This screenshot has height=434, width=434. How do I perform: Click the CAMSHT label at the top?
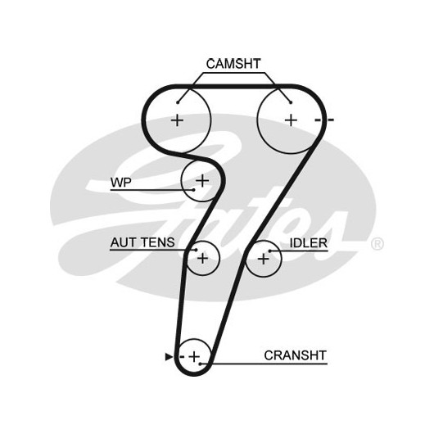pos(233,64)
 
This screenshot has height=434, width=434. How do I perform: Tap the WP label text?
pos(121,182)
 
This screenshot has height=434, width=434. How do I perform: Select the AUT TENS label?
pos(142,242)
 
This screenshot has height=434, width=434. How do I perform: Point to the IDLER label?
pos(309,243)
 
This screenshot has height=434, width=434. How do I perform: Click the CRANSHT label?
pos(296,355)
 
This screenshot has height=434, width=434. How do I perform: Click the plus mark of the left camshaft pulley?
pos(177,120)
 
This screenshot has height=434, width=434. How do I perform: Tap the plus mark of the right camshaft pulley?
pos(291,120)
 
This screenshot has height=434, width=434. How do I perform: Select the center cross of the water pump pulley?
pos(202,181)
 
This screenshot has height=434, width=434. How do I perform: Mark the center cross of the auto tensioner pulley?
pos(203,258)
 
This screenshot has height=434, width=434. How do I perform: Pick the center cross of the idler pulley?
pos(263,259)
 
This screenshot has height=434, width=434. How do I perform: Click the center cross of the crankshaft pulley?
pos(194,356)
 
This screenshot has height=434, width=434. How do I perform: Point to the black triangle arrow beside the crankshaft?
pos(169,357)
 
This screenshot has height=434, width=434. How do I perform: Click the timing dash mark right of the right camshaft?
pos(324,120)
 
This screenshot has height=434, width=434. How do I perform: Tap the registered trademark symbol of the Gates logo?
pos(377,244)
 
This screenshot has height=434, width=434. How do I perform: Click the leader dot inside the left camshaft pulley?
pos(178,102)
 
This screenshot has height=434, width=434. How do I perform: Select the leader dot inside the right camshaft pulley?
pos(291,102)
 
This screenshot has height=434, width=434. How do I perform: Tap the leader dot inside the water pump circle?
pos(194,190)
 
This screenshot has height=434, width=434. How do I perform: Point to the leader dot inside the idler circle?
pos(270,251)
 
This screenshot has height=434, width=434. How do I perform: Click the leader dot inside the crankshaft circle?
pos(200,364)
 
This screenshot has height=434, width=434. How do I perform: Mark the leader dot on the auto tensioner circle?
pos(197,250)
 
